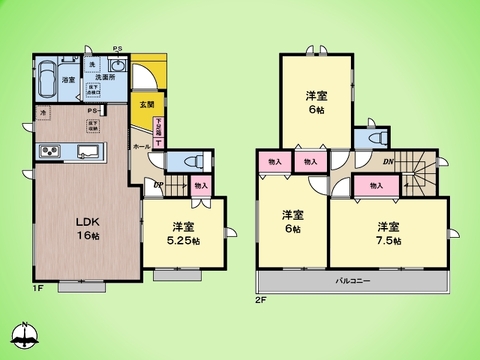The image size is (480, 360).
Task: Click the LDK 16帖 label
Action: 86,228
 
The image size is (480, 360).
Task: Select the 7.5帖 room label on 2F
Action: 388,234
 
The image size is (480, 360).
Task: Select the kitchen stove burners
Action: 49,152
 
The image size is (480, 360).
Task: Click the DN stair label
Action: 386,162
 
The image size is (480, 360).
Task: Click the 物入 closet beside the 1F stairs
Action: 201,185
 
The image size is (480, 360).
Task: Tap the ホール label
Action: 141,145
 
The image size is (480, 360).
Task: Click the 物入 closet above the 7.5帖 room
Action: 376,185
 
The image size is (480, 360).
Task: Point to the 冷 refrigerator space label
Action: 42,114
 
